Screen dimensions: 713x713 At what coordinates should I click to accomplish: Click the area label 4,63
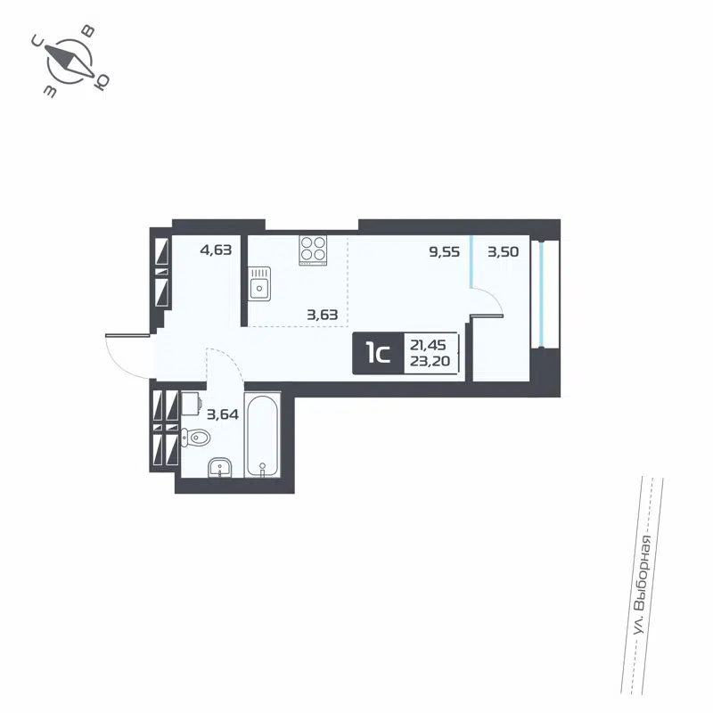[216, 250]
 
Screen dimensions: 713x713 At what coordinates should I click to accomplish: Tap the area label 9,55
[444, 252]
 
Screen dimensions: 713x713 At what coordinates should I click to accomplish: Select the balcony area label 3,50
[503, 252]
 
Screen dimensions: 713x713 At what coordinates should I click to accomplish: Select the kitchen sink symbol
[258, 287]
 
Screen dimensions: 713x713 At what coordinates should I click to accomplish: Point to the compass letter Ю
[102, 82]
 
